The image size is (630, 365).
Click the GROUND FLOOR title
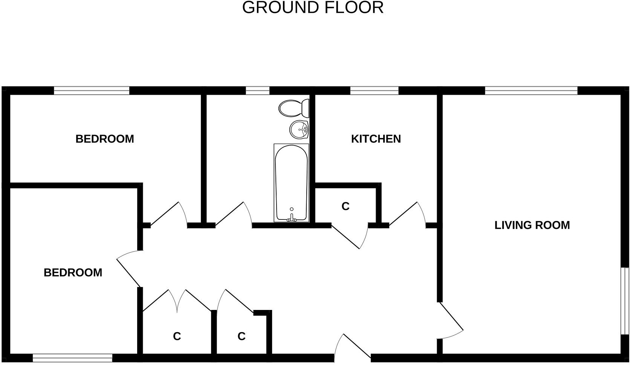point(313,8)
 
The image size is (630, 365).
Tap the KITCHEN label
point(376,139)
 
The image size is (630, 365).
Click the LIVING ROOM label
point(532,225)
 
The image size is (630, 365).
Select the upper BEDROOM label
point(105,139)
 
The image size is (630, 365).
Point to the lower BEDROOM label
point(73,273)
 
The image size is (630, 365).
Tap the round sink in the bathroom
point(299,130)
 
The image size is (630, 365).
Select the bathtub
point(291,183)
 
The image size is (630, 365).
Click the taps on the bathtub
point(291,218)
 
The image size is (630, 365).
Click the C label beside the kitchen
point(345,206)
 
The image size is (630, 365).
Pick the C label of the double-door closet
point(177,336)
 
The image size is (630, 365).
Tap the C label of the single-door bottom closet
point(242,336)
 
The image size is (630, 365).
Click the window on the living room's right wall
point(625,301)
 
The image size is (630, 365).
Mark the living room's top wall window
point(531,90)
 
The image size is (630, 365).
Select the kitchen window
point(374,90)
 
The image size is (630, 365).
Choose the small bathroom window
point(258,90)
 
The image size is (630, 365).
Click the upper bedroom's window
point(92,90)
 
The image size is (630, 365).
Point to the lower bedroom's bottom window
point(72,358)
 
